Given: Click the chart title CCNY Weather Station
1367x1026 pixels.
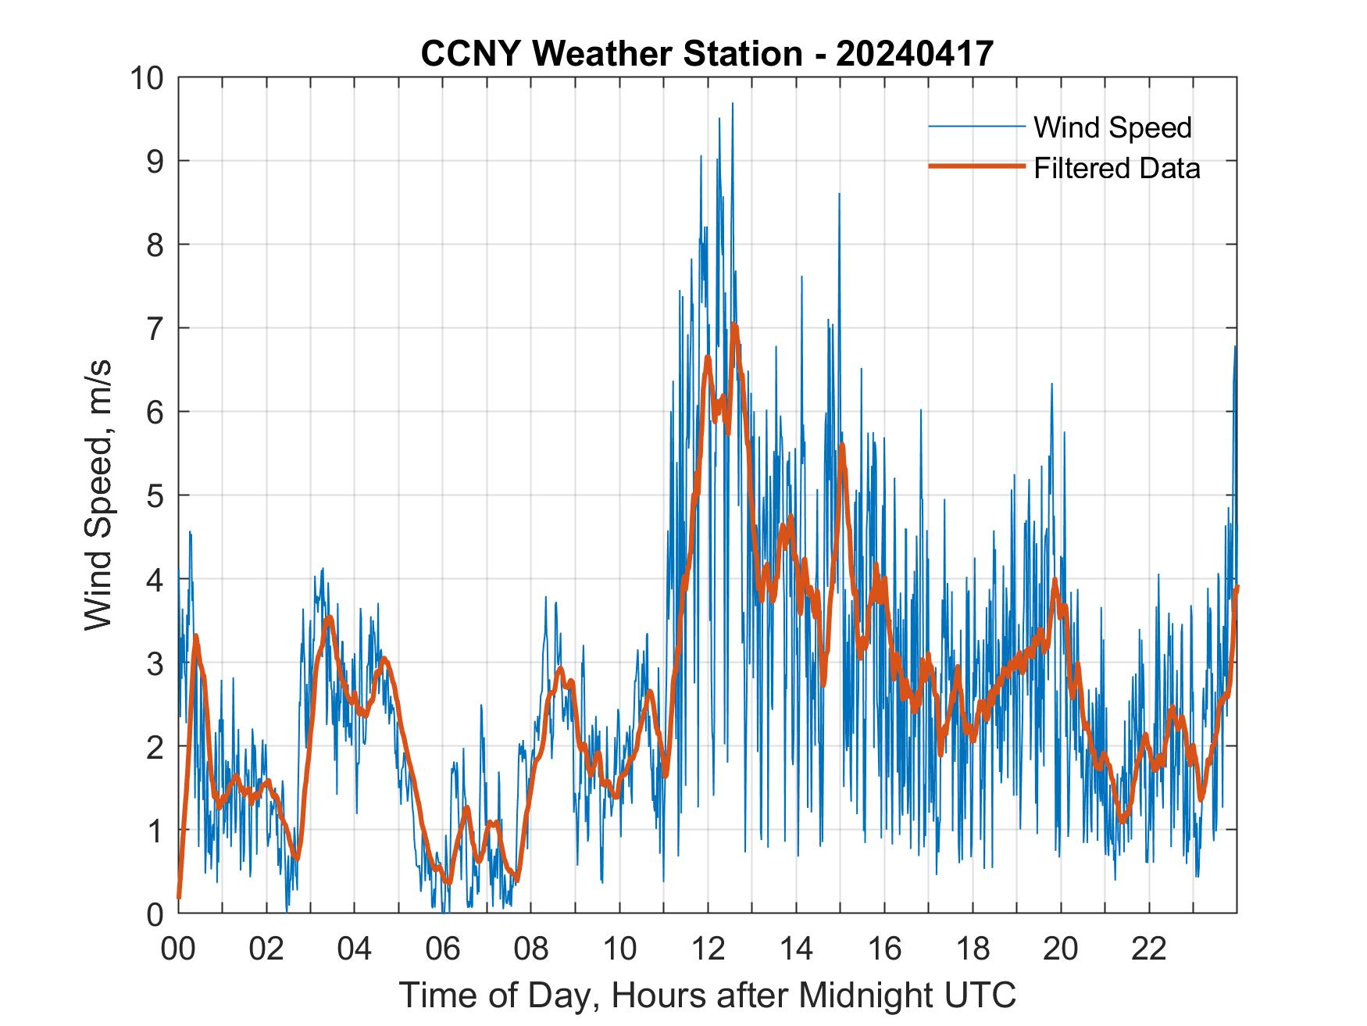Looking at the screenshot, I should (x=707, y=54).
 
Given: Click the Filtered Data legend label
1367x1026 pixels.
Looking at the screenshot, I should (x=1117, y=168).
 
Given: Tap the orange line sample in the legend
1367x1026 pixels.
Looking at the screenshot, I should (x=976, y=166).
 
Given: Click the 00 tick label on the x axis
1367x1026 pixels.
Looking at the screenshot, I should (x=178, y=949).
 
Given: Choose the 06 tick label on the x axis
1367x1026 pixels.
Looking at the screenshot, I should (x=443, y=949).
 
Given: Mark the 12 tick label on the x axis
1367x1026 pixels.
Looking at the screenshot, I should (x=708, y=949).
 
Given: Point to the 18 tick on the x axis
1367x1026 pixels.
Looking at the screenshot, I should (x=973, y=949).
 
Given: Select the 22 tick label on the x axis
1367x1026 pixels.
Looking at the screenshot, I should (x=1149, y=949).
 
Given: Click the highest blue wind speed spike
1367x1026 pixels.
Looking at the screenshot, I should (x=732, y=104).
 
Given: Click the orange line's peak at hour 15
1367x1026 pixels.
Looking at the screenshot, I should (x=842, y=445).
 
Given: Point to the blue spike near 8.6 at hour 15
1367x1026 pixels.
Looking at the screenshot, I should (x=839, y=194).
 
